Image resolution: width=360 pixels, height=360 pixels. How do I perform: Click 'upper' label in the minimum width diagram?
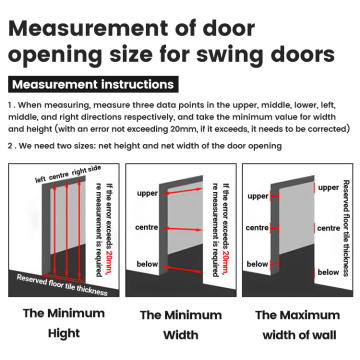(x=148, y=190)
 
